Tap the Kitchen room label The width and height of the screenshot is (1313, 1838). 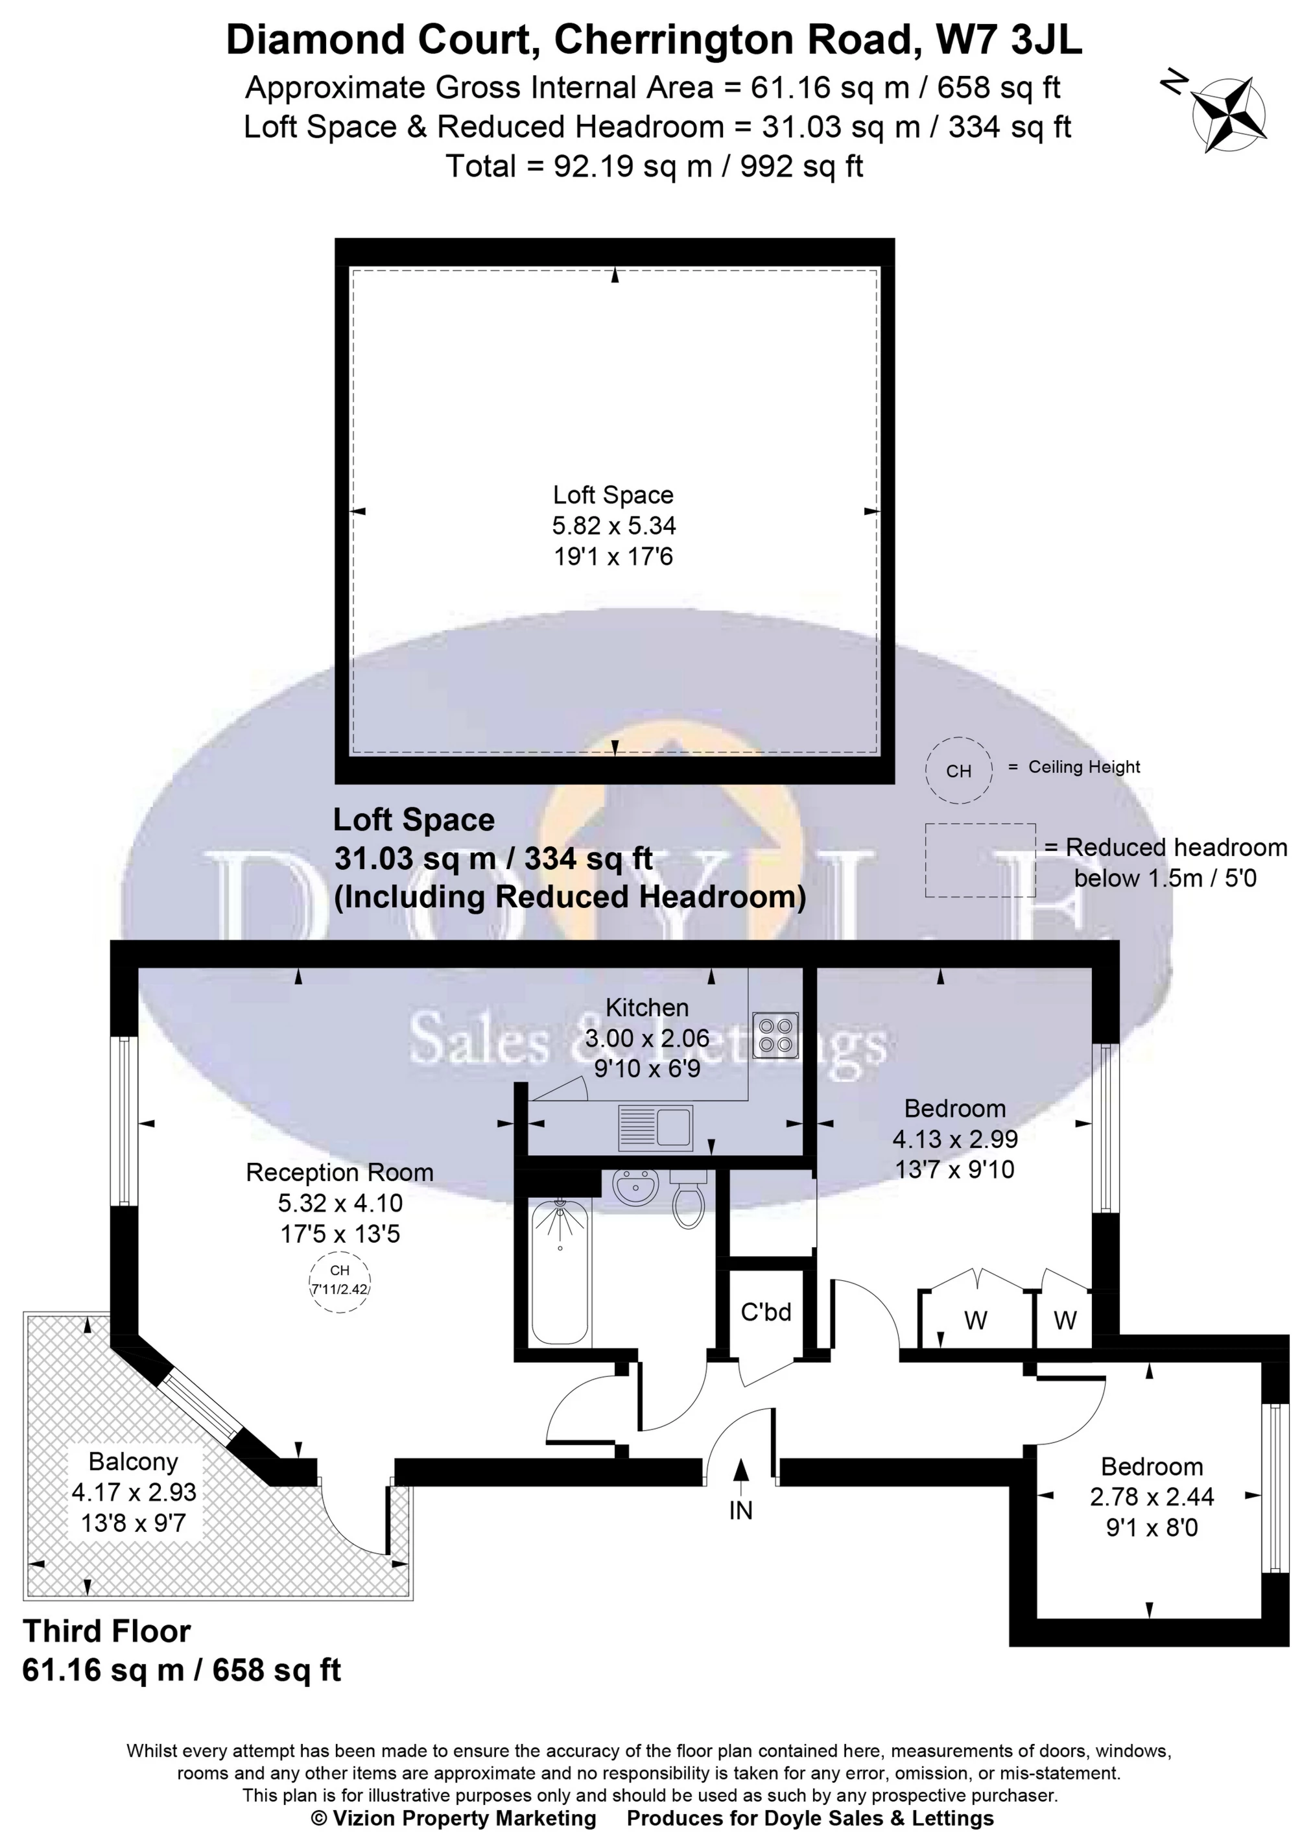point(647,1008)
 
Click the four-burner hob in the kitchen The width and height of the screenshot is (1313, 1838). point(775,1036)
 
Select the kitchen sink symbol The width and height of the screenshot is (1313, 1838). point(655,1127)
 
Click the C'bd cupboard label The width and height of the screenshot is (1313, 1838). point(766,1311)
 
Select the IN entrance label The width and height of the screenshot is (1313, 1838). point(740,1510)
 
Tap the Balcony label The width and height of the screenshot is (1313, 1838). point(134,1461)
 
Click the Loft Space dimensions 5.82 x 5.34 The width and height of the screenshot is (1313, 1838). point(613,525)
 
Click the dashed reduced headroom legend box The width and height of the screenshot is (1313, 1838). point(980,859)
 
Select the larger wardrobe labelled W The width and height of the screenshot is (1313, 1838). point(976,1320)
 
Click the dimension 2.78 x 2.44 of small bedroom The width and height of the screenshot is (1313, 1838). point(1152,1497)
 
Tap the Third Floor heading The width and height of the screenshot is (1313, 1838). point(107,1631)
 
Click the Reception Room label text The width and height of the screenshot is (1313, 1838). point(340,1173)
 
